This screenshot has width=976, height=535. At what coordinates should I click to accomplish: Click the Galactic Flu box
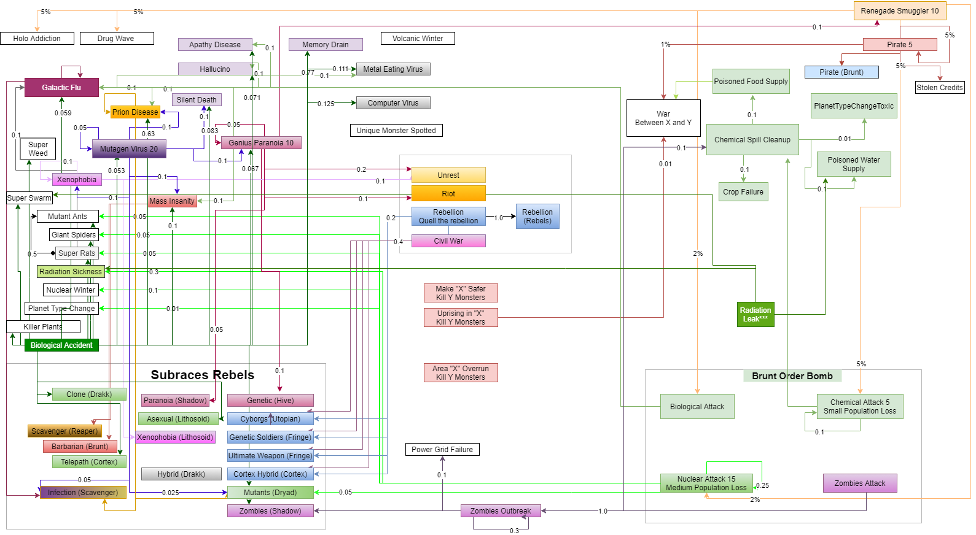point(61,88)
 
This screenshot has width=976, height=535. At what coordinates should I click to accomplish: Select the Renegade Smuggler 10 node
point(899,11)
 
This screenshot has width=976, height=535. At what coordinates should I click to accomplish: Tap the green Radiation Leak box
point(755,314)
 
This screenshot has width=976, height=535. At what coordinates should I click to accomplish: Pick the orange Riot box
point(448,194)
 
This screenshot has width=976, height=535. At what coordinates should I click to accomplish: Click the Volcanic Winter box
point(418,39)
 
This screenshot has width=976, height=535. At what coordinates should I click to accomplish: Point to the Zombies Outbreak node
point(501,511)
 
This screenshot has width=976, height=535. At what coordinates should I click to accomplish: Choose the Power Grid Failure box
point(442,450)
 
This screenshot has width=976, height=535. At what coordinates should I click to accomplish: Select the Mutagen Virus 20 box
point(129,149)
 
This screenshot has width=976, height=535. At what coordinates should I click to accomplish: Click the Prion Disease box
point(135,112)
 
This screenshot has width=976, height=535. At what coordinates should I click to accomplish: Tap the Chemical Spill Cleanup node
point(752,140)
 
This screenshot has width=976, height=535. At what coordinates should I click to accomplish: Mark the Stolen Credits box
point(940,88)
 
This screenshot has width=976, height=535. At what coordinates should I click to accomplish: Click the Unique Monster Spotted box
point(396,131)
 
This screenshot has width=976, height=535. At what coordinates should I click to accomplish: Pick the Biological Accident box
point(61,345)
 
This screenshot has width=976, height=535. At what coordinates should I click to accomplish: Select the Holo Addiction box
point(37,39)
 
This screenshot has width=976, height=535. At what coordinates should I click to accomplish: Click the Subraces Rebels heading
point(203,375)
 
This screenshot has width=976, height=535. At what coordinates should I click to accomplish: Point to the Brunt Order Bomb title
point(792,376)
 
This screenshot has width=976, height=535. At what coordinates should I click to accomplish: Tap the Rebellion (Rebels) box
point(537,217)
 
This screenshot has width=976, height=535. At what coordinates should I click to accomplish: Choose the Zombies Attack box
point(860,483)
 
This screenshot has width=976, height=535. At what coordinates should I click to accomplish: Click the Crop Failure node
point(743,192)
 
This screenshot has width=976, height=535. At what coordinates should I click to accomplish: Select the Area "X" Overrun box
point(461,373)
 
